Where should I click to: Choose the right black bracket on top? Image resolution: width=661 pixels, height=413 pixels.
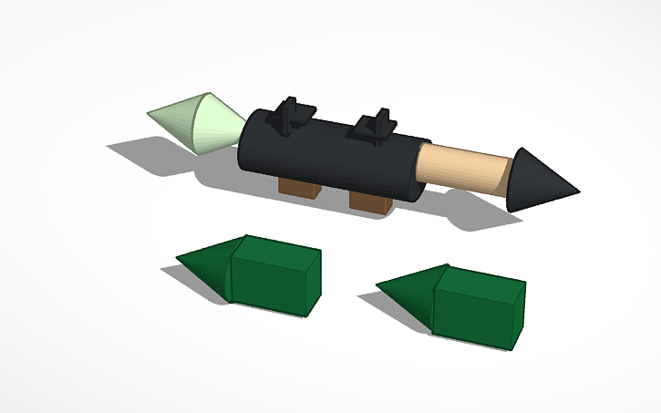click(376, 127)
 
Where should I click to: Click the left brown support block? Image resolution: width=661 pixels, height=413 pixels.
click(298, 188)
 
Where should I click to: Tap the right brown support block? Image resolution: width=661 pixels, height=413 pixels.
click(372, 201)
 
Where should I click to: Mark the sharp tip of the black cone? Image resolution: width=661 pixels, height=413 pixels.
click(577, 190)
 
